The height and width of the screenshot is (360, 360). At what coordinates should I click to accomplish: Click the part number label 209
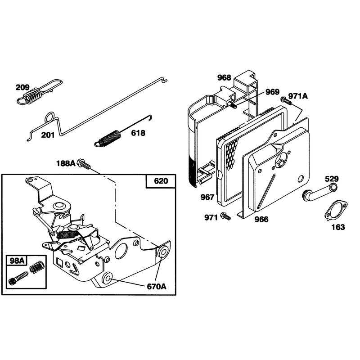tap(22, 87)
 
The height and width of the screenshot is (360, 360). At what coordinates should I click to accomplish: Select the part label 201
tap(48, 135)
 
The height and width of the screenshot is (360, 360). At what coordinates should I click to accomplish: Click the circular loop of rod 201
tap(50, 117)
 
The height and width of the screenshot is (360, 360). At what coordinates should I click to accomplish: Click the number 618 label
tap(138, 133)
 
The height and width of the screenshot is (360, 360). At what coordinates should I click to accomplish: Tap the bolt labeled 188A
tap(84, 164)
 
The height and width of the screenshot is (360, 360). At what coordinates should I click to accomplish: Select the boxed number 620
tap(161, 181)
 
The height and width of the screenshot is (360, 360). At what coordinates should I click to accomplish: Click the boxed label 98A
tap(17, 261)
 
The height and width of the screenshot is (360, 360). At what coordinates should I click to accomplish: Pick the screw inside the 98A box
tap(18, 278)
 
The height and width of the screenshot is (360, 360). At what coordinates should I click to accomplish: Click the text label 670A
tap(157, 287)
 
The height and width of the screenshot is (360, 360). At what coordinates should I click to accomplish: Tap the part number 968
tap(224, 77)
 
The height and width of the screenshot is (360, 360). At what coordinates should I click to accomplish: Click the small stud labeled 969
tap(232, 106)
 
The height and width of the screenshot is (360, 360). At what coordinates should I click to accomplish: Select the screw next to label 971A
tap(286, 101)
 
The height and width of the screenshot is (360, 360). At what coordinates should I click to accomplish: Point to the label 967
tap(207, 197)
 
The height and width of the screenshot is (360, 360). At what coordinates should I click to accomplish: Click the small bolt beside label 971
tap(225, 216)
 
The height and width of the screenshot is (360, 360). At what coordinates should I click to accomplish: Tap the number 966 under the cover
tap(261, 219)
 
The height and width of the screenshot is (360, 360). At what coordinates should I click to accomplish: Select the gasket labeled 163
tap(336, 211)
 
